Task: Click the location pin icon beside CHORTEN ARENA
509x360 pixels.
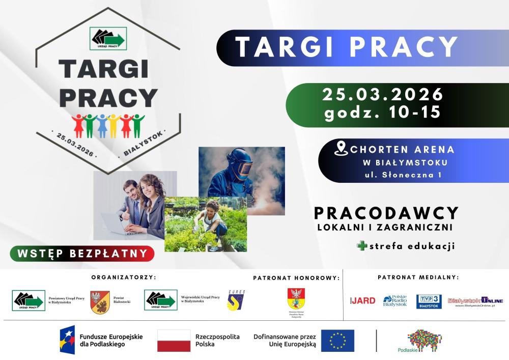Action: click(341, 149)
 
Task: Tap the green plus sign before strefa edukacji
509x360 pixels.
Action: click(362, 246)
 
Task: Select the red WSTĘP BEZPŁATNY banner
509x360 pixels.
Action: click(82, 253)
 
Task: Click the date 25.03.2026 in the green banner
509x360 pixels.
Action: click(383, 95)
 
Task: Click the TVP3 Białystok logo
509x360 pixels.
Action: click(429, 301)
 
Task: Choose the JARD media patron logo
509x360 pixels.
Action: click(363, 300)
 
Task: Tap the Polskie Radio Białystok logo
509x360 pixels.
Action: click(395, 301)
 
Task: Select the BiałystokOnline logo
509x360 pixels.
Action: click(475, 301)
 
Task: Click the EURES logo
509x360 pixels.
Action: click(236, 300)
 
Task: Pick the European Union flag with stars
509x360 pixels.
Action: click(337, 341)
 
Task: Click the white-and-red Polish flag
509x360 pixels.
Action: click(174, 341)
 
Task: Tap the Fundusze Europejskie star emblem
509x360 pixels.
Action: click(67, 340)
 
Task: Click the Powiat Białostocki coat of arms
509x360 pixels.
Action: click(100, 302)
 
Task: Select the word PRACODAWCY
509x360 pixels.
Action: click(386, 213)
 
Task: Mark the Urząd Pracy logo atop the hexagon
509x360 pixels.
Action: click(108, 38)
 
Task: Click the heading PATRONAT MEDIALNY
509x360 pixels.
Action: click(418, 278)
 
